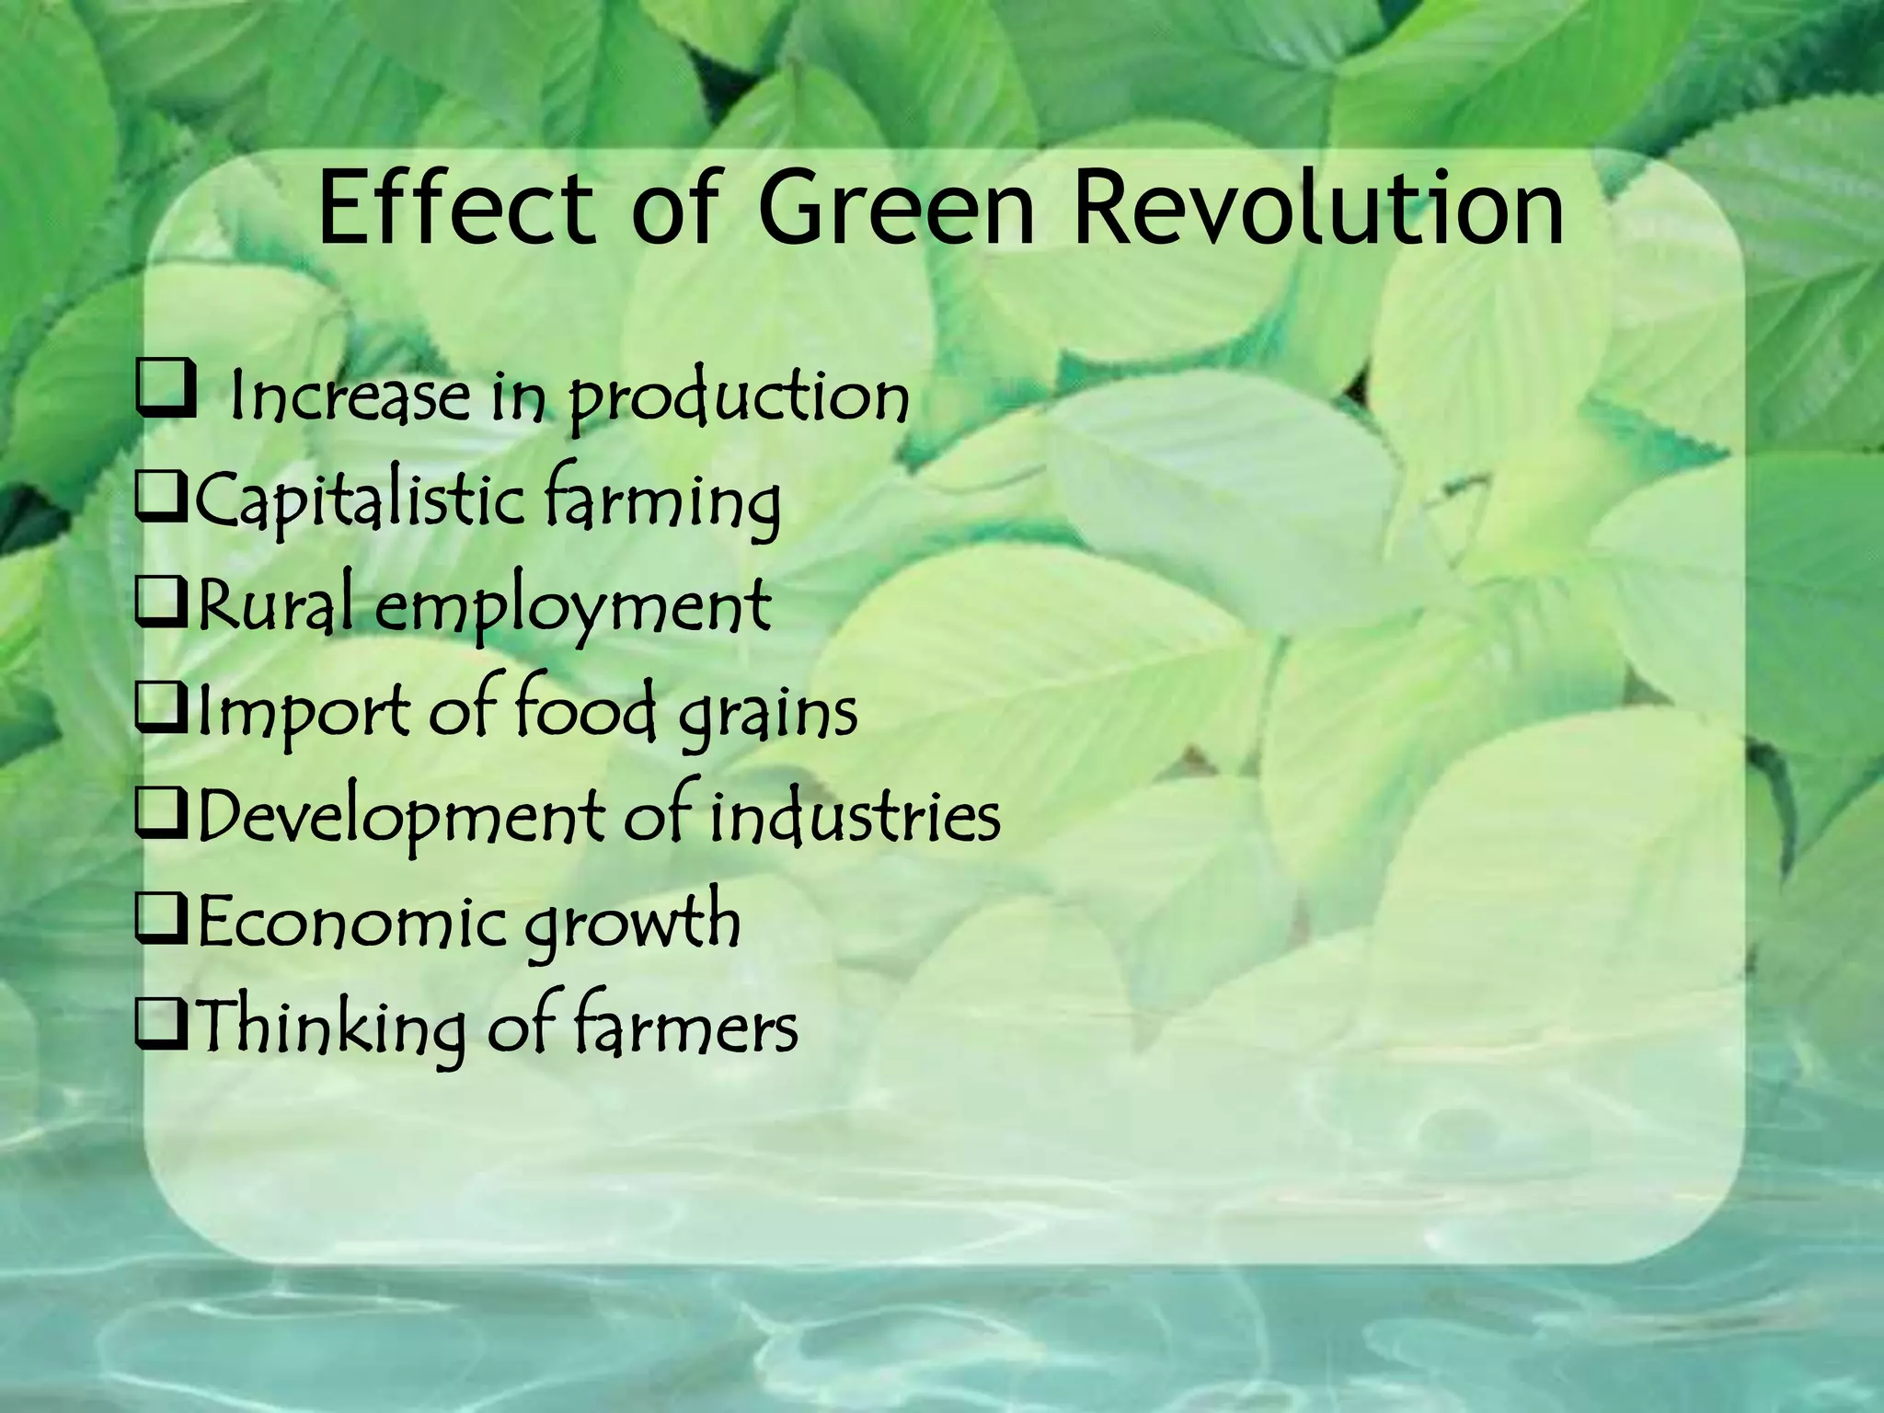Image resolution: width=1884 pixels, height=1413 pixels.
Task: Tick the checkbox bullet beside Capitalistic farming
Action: pyautogui.click(x=161, y=502)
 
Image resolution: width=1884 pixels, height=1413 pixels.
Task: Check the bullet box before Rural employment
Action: pyautogui.click(x=161, y=608)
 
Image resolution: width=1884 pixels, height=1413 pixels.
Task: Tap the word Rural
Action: pyautogui.click(x=274, y=607)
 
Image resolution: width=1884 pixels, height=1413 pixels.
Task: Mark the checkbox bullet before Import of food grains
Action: pyautogui.click(x=161, y=714)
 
